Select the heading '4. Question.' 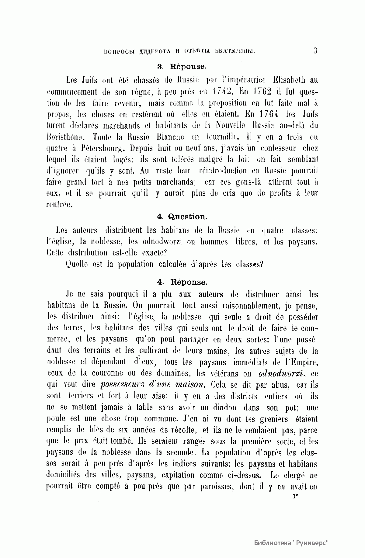(x=182, y=217)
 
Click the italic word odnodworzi (x=282, y=373)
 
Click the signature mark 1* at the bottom (x=294, y=497)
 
